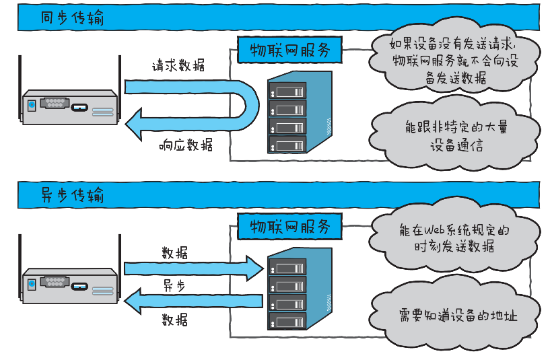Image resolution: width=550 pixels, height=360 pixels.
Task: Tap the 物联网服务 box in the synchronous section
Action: click(289, 50)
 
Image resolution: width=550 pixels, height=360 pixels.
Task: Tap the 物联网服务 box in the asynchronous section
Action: click(289, 226)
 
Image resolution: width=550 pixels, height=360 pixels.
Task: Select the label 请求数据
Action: click(178, 67)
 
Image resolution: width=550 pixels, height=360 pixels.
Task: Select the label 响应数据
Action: click(186, 144)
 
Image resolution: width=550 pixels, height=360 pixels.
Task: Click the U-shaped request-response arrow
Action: click(249, 104)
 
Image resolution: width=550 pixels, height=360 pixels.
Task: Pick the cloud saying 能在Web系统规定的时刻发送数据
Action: click(454, 238)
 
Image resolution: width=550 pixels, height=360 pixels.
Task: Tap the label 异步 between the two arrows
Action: click(174, 285)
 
